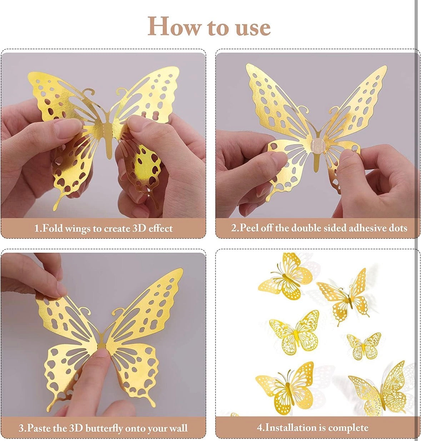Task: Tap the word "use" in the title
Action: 253,29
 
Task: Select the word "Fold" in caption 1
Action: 52,228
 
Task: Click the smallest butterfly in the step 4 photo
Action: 364,346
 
